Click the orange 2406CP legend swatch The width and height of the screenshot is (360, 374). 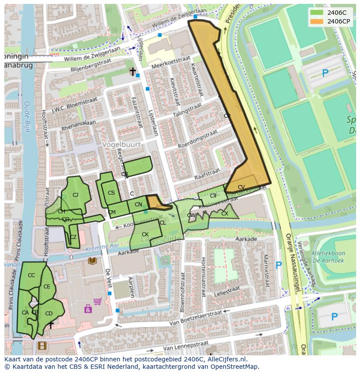317,21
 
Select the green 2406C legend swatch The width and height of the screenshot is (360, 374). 317,13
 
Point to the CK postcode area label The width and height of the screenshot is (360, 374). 145,235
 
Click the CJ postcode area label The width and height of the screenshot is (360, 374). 75,195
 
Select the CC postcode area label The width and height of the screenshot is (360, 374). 31,275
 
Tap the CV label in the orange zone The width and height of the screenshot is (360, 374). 241,187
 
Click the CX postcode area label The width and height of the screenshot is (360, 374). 225,214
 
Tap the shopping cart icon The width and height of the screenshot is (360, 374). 98,301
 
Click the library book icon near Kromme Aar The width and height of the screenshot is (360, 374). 92,261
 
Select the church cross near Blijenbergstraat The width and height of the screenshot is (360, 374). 133,71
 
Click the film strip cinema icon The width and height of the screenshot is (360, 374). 42,346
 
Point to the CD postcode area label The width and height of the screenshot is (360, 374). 49,314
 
